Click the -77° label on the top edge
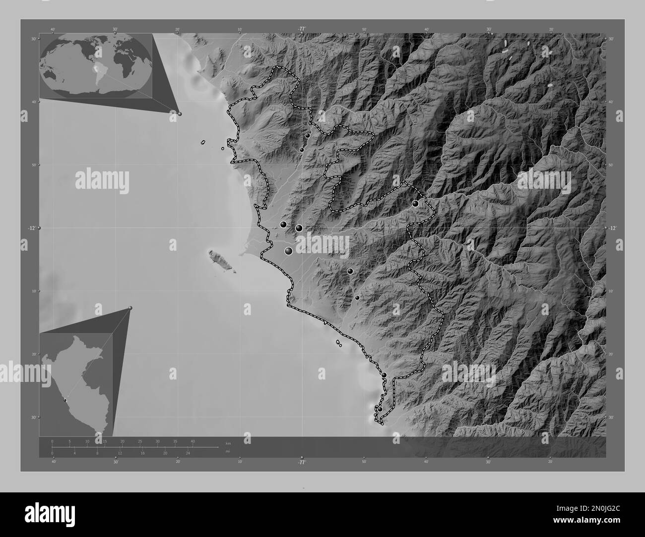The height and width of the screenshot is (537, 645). pyautogui.click(x=302, y=29)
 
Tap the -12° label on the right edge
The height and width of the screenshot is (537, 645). pyautogui.click(x=612, y=228)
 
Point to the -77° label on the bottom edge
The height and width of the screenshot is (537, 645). pyautogui.click(x=302, y=462)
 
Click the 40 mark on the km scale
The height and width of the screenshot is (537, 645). pyautogui.click(x=193, y=441)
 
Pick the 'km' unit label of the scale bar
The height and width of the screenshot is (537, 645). pyautogui.click(x=228, y=443)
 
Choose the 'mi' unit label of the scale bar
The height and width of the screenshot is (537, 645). pyautogui.click(x=228, y=452)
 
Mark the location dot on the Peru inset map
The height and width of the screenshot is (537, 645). pyautogui.click(x=64, y=399)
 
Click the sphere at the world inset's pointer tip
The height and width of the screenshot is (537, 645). pyautogui.click(x=180, y=113)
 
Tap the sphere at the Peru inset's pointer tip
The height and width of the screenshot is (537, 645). pyautogui.click(x=130, y=308)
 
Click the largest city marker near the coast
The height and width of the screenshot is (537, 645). pyautogui.click(x=289, y=251)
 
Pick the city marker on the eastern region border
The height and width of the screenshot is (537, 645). pyautogui.click(x=415, y=203)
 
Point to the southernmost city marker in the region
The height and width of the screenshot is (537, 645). pyautogui.click(x=380, y=409)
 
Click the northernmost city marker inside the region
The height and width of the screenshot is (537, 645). pyautogui.click(x=308, y=135)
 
